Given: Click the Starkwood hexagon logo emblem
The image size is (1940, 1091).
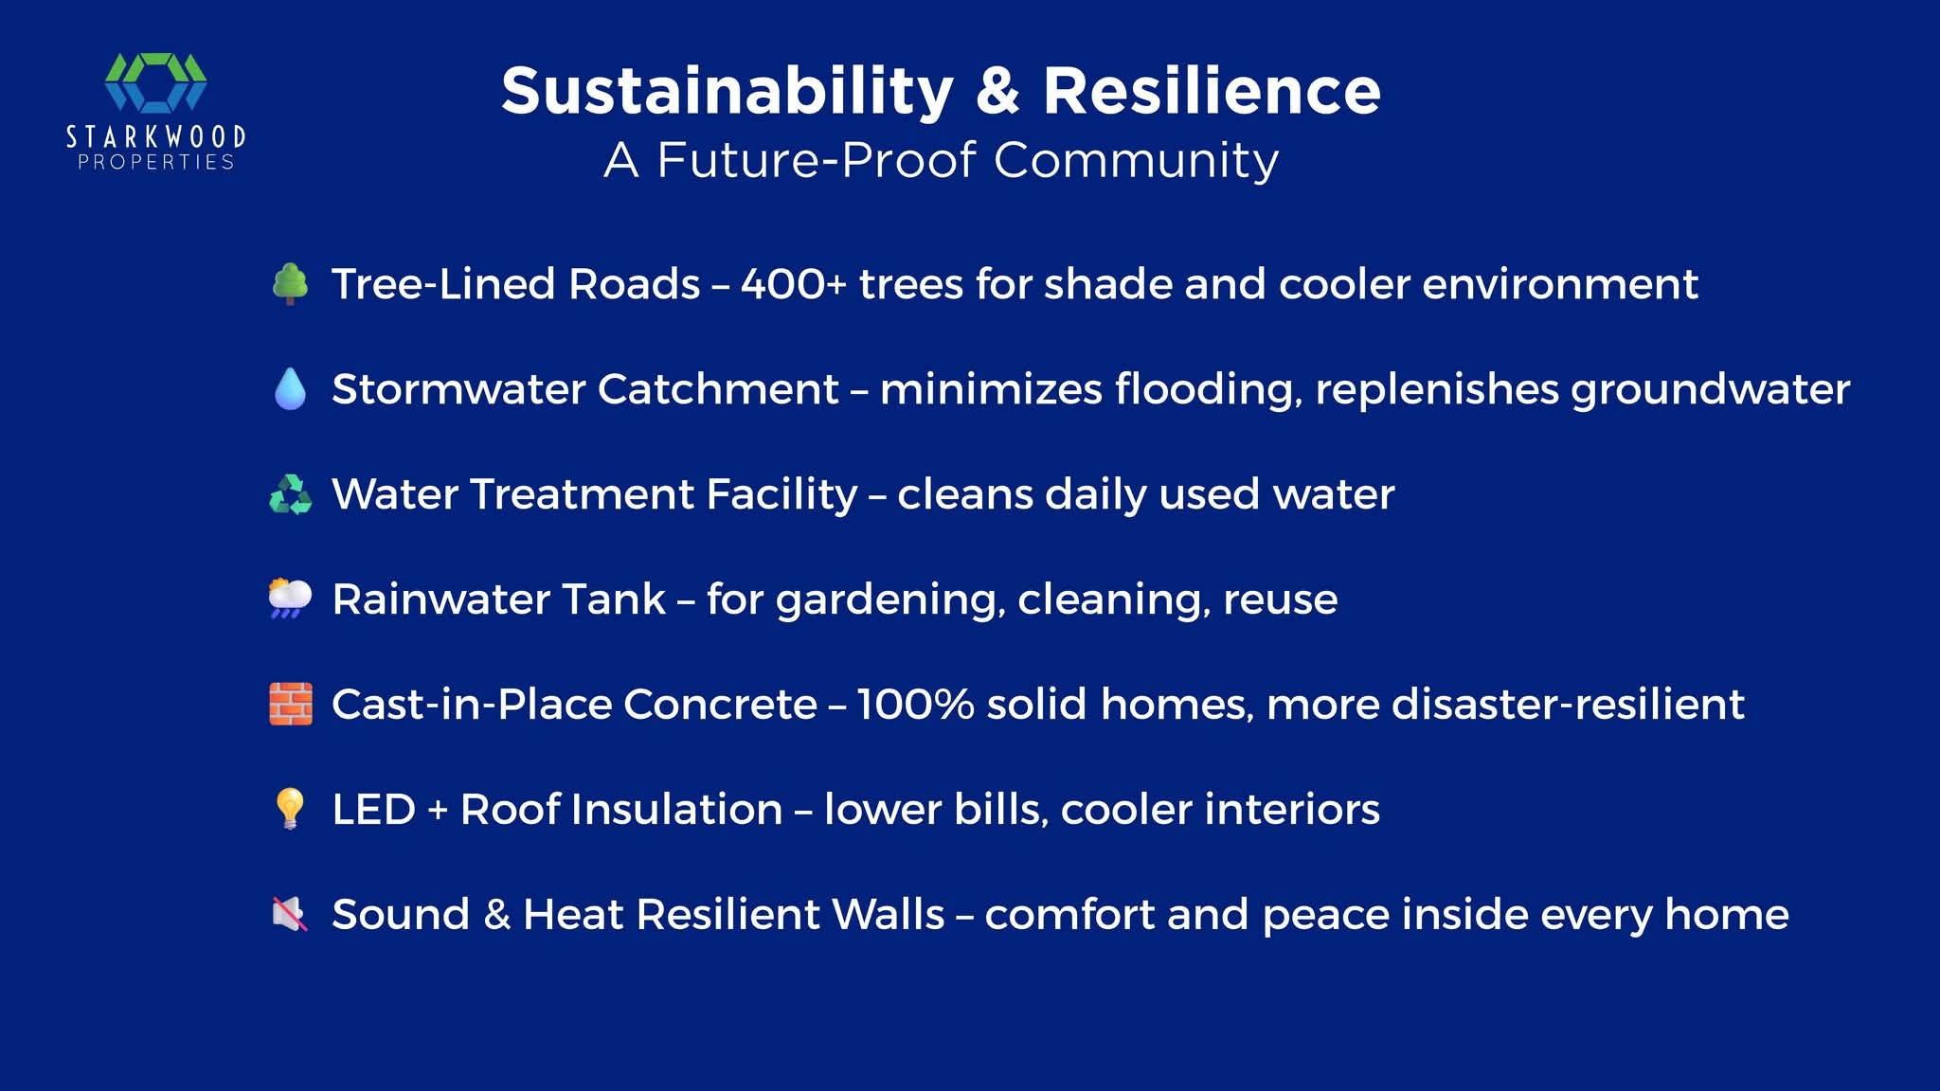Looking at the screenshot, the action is tap(155, 82).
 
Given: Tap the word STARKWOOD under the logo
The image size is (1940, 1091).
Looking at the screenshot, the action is tap(156, 137).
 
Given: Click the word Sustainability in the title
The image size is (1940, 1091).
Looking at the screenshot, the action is tap(727, 92).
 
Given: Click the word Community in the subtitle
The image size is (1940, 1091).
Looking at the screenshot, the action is tap(1137, 160).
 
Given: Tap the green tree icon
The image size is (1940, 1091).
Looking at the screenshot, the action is tap(290, 284).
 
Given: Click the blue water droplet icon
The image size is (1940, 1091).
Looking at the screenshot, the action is tap(290, 388).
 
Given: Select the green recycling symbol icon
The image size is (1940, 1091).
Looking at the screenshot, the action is tap(290, 493).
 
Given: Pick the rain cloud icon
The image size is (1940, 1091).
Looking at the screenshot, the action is tap(290, 599).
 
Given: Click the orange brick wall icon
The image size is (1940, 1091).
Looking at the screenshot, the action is tap(290, 704).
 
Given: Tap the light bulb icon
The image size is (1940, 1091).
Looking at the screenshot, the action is tap(290, 809).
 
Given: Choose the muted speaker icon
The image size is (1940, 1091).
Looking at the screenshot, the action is tap(290, 914).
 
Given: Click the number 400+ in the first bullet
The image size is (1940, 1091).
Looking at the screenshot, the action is tap(794, 284).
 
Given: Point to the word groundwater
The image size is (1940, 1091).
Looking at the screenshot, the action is tap(1711, 390).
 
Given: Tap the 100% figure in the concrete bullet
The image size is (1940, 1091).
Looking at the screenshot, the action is tap(915, 704).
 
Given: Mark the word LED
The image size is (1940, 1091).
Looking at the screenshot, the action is tap(374, 810).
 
